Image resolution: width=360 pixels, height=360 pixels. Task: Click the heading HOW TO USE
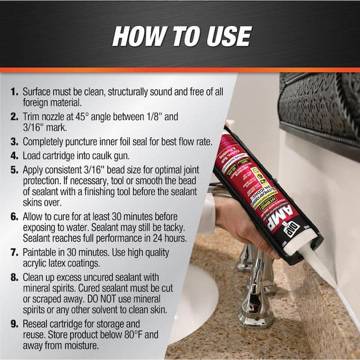pos(181,37)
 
